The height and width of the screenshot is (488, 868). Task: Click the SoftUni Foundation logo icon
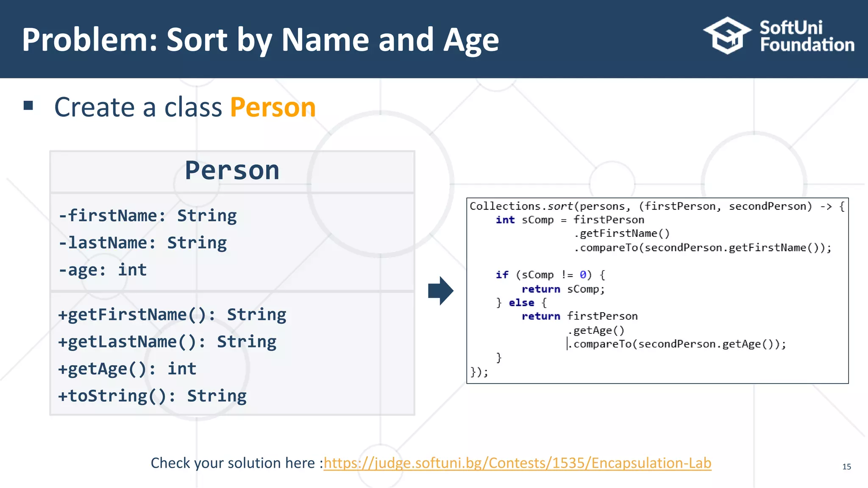point(727,36)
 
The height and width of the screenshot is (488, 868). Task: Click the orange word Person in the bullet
point(273,108)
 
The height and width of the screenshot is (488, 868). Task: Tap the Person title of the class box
point(232,171)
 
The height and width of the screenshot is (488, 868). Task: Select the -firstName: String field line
point(148,216)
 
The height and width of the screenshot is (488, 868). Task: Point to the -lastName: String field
point(143,243)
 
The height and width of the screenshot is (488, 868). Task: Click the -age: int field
point(103,270)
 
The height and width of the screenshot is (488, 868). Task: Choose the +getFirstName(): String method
point(172,315)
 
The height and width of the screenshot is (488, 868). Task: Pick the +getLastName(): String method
point(167,342)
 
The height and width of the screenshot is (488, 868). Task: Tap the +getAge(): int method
point(127,369)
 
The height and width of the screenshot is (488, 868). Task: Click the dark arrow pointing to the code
point(441,291)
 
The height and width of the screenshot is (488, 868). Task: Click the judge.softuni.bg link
point(517,463)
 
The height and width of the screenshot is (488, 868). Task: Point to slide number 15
point(846,467)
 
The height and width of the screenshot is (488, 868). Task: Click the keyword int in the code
point(505,220)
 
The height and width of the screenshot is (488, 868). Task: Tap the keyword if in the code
point(502,275)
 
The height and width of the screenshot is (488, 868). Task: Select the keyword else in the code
point(521,303)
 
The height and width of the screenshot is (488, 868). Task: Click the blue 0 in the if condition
point(583,275)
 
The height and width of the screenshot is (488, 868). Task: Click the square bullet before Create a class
point(28,105)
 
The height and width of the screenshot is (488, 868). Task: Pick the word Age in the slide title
point(471,40)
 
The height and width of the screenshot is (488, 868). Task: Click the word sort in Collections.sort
point(560,206)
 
